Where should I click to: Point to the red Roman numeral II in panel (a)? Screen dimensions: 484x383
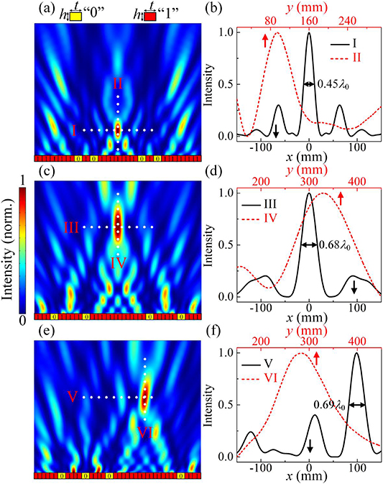(119, 84)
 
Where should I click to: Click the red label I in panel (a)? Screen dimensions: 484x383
(73, 129)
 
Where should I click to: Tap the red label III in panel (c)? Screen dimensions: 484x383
(70, 227)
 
